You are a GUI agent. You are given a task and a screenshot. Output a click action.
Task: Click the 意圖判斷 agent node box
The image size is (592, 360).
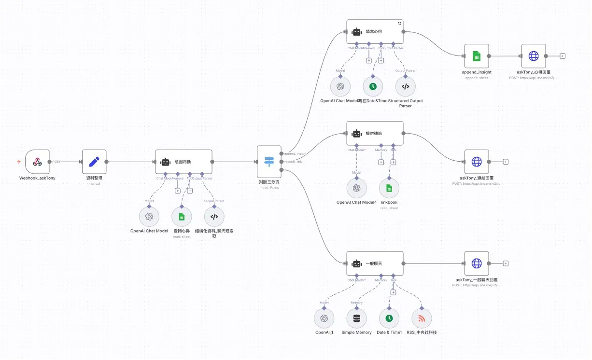coord(183,162)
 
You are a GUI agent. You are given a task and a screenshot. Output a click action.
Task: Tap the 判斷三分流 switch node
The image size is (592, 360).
coord(269,162)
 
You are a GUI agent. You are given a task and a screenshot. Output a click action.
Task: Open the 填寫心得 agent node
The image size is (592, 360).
coord(375,32)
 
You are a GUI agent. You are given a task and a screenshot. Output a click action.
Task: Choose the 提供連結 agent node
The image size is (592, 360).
coord(375,133)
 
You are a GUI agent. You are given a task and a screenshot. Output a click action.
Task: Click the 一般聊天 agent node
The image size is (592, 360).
coord(375,263)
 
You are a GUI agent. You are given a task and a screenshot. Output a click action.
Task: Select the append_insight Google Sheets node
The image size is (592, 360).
coord(477,56)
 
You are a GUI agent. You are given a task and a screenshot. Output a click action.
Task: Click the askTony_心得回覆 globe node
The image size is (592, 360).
coord(534,56)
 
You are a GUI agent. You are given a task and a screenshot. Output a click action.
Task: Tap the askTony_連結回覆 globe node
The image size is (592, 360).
coord(477,162)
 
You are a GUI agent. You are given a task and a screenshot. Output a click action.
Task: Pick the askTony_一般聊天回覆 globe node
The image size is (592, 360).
coord(477,263)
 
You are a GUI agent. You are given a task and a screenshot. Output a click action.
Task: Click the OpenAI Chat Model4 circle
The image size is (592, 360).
coord(356,188)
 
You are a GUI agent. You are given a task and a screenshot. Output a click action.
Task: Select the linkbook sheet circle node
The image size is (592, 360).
coord(389,188)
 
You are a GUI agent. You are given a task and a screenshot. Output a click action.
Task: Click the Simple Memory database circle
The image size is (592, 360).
coord(356,318)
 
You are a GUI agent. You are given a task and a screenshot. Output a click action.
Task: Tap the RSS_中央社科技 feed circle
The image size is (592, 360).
coord(422,318)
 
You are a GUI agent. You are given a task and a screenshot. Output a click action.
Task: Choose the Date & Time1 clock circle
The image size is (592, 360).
coord(389,318)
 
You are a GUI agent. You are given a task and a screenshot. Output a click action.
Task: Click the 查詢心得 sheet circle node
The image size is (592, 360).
coord(182,217)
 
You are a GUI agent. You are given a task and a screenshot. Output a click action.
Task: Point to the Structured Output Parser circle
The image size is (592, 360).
coord(405,86)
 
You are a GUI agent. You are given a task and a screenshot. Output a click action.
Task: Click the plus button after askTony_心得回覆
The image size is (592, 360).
coord(563,56)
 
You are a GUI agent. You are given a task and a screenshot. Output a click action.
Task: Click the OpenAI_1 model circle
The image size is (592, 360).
coord(324,318)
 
